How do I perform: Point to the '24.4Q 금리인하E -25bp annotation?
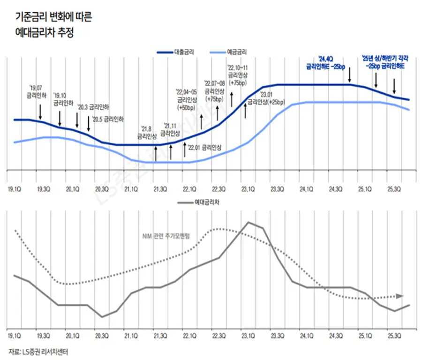[x=324, y=63]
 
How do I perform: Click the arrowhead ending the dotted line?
[x=399, y=296]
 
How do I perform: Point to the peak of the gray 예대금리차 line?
[x=249, y=222]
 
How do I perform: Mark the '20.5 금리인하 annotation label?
[x=108, y=119]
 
